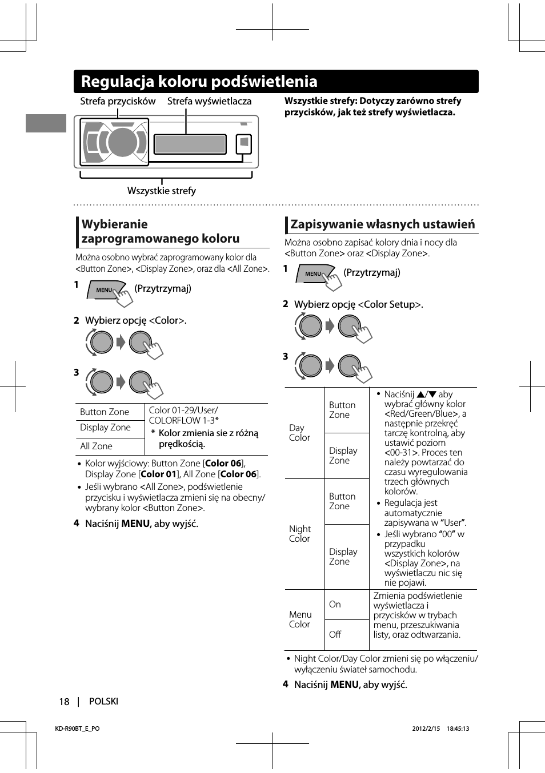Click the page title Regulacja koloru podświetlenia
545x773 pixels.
pyautogui.click(x=199, y=82)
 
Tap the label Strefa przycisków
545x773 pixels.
pyautogui.click(x=118, y=101)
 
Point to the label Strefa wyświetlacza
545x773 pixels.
pyautogui.click(x=209, y=101)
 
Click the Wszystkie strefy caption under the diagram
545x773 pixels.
pyautogui.click(x=162, y=191)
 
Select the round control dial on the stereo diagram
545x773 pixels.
pyautogui.click(x=121, y=142)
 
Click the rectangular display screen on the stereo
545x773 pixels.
pyautogui.click(x=190, y=144)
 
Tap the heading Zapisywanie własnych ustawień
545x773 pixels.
pyautogui.click(x=382, y=224)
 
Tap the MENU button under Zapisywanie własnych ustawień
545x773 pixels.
pyautogui.click(x=314, y=274)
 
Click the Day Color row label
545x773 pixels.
pyautogui.click(x=299, y=433)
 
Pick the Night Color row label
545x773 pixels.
pyautogui.click(x=299, y=534)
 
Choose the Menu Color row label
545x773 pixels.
pyautogui.click(x=300, y=619)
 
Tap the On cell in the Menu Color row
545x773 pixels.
pyautogui.click(x=335, y=604)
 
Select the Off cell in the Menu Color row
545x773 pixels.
pyautogui.click(x=335, y=634)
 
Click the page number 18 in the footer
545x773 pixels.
pyautogui.click(x=64, y=702)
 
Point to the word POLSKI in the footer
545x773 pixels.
pyautogui.click(x=103, y=701)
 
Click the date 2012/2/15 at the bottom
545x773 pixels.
pyautogui.click(x=426, y=728)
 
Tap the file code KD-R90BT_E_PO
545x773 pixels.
pyautogui.click(x=77, y=728)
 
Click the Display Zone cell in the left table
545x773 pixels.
pyautogui.click(x=105, y=427)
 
